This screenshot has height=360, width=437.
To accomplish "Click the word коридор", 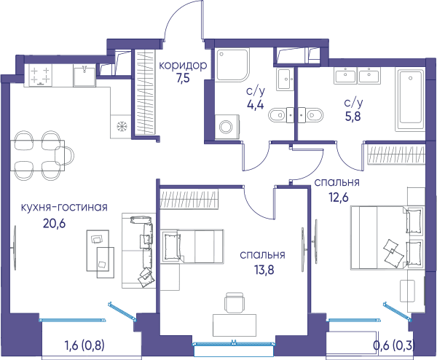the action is click(x=183, y=66).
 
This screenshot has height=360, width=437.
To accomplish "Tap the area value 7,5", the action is click(x=183, y=79).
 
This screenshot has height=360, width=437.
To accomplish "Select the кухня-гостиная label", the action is click(x=64, y=207).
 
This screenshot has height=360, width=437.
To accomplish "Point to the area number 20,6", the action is click(x=55, y=223).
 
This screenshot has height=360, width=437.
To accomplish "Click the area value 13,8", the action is click(x=264, y=270).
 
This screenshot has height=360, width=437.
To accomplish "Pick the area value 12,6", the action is click(x=339, y=197).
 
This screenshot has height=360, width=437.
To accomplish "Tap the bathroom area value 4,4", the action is click(x=256, y=105).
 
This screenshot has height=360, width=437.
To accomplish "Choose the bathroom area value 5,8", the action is click(x=353, y=117).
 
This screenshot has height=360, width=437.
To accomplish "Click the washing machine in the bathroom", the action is click(x=227, y=127).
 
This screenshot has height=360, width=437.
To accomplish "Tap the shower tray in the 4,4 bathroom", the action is click(x=232, y=65).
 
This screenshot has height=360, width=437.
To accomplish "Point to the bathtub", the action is click(x=410, y=100).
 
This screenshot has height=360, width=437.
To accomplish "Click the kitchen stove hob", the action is click(x=40, y=75).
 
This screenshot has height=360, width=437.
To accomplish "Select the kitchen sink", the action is click(x=84, y=76).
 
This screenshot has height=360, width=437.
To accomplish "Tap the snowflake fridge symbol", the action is click(x=122, y=126).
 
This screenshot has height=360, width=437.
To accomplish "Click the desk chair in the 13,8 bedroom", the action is click(x=235, y=302).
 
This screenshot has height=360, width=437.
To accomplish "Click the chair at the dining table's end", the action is click(x=64, y=155).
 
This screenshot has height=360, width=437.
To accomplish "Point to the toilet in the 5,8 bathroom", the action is click(x=311, y=114).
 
